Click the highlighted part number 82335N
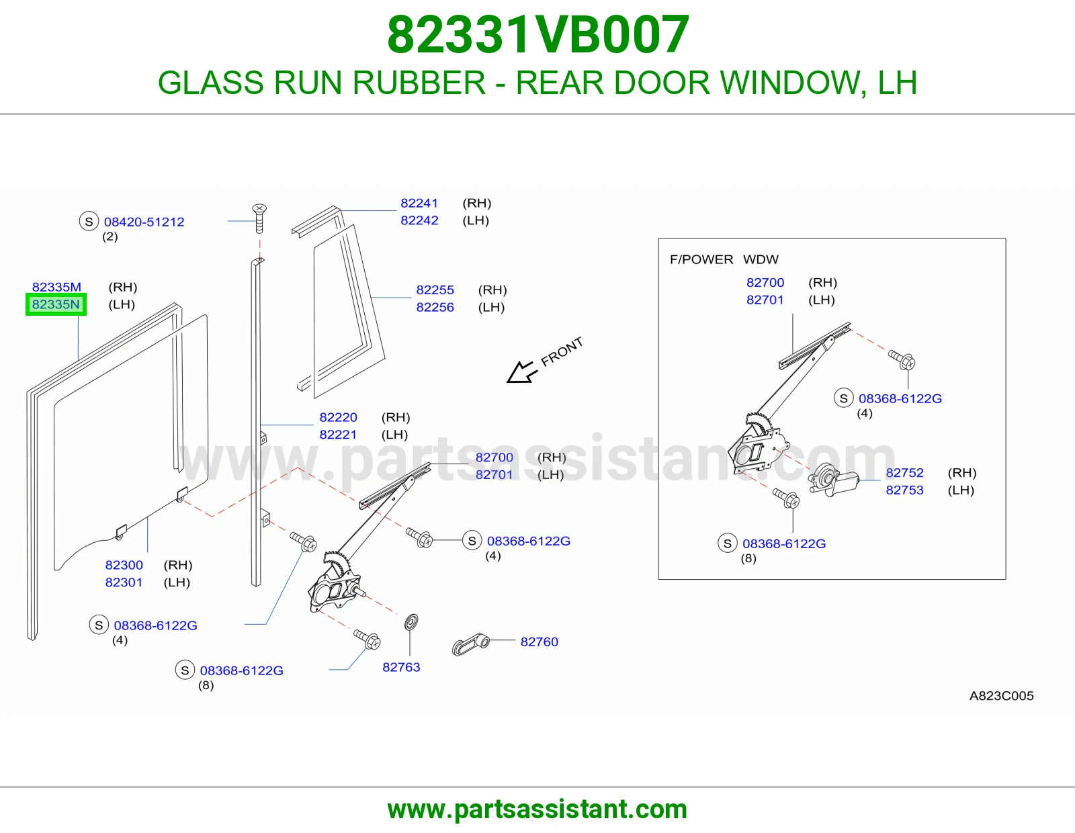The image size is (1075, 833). tap(56, 304)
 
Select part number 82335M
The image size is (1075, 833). tap(56, 287)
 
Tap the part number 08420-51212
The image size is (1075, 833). tap(144, 222)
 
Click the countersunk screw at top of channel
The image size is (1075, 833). tap(260, 218)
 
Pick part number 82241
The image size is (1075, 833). tap(419, 203)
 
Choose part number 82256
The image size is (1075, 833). tap(435, 307)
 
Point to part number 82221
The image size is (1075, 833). tap(338, 435)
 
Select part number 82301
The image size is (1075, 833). tap(124, 582)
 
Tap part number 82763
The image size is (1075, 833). tap(401, 667)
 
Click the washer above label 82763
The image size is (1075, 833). tap(411, 622)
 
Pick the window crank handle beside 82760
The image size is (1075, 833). tap(470, 644)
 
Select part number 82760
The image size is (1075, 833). tap(540, 642)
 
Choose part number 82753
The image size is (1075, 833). tap(904, 490)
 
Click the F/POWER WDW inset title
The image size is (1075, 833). tap(724, 259)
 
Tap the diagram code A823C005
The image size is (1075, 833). tap(1001, 695)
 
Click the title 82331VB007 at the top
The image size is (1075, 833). tap(537, 34)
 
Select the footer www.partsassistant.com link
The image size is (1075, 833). tap(537, 809)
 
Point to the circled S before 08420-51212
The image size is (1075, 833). tap(89, 221)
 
